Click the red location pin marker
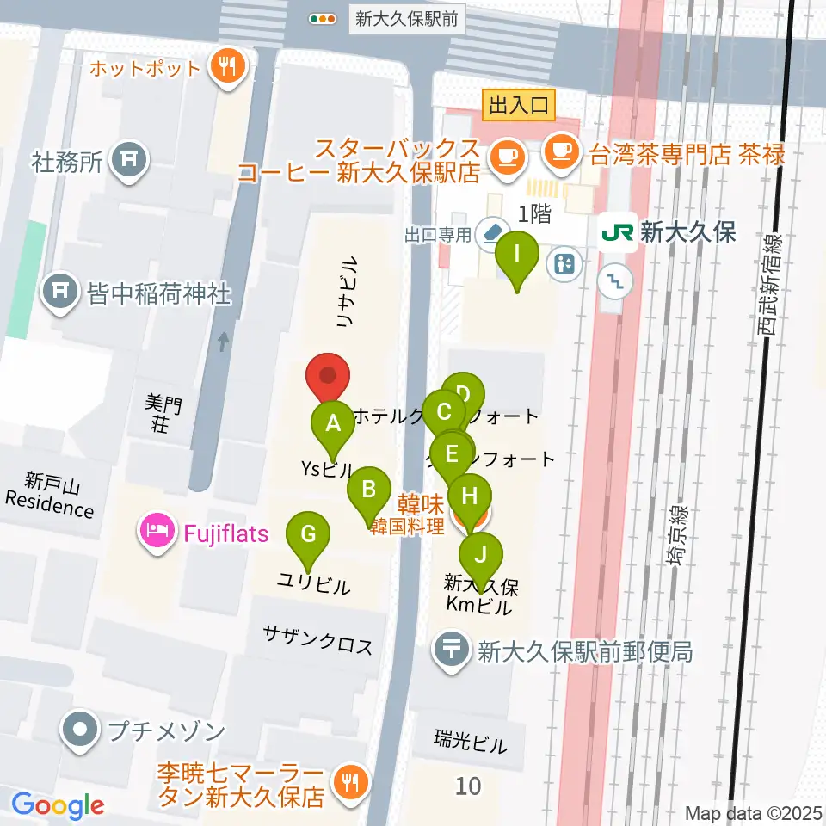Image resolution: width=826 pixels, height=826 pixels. [328, 377]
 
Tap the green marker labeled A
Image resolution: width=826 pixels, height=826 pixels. [333, 423]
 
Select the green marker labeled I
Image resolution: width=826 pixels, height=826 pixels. [516, 255]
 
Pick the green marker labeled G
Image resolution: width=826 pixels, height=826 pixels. [307, 533]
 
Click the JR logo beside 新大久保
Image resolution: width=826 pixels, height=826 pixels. [618, 232]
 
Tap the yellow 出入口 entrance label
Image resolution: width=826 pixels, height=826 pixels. [519, 106]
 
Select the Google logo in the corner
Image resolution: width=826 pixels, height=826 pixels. [58, 804]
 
